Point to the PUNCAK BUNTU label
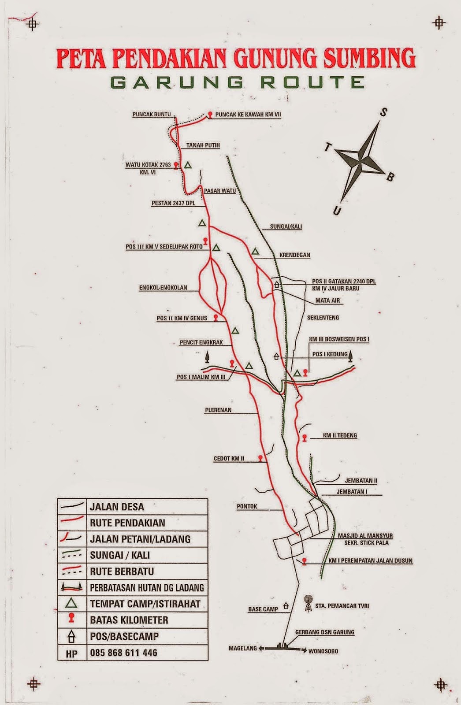coord(151,115)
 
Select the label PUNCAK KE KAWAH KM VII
coord(248,115)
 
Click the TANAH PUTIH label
coord(203,145)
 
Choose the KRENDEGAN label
coord(294,255)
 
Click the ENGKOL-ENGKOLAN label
coord(163,288)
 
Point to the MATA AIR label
coord(327,301)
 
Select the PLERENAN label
coord(218,410)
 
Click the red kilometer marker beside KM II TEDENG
coord(304,438)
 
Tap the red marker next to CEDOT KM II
coord(261,458)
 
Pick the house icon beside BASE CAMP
coord(286,606)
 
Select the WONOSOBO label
coord(323,651)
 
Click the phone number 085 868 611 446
coord(123,653)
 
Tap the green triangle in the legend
coord(71,603)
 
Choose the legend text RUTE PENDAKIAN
coord(127,523)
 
